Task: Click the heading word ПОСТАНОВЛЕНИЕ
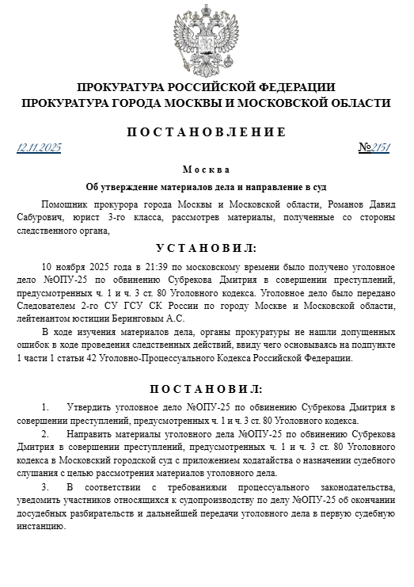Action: coord(206,132)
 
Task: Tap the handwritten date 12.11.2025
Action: coord(39,148)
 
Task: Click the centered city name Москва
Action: coord(206,170)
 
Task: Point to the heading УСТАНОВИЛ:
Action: coord(206,248)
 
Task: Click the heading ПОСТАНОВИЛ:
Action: coord(206,389)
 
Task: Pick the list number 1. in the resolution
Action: coord(45,406)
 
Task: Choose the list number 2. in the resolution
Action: coord(45,435)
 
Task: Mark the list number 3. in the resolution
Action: coord(45,486)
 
